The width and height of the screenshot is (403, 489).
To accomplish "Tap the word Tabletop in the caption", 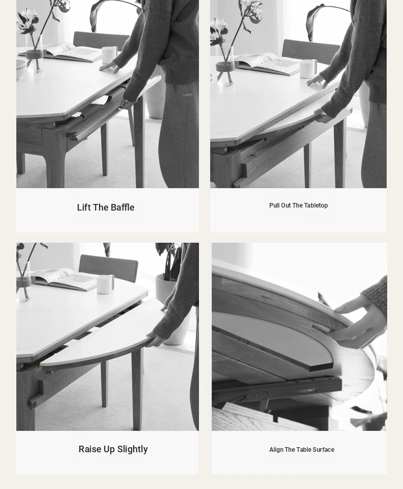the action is pos(316,205).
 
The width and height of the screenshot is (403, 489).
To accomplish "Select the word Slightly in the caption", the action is pos(133,449).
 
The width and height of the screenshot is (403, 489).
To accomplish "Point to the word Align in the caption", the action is pos(276,450).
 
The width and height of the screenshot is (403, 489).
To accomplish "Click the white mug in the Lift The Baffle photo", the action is pos(110,56).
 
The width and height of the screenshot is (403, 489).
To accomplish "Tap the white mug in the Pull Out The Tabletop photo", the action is pos(308,69).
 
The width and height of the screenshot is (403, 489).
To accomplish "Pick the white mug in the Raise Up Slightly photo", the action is pos(105,284).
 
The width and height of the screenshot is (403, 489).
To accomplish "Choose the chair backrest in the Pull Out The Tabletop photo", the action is pos(310,52).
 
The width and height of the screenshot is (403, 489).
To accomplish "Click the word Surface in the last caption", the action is pos(323,450).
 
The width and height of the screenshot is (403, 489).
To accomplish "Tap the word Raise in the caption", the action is pos(90,449).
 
